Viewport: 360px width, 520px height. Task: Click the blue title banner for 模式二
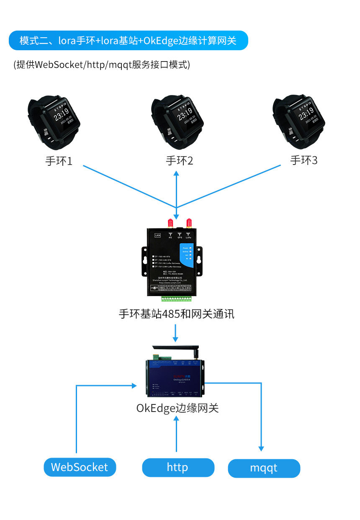[x=128, y=41]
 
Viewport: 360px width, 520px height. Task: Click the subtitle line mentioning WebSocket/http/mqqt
[x=102, y=65]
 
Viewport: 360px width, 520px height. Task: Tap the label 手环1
[x=59, y=161]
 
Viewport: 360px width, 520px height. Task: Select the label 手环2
[x=180, y=161]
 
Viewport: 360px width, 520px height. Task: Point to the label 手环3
[x=304, y=160]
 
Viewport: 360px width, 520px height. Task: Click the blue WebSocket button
[x=80, y=467]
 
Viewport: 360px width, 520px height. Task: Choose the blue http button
[x=178, y=467]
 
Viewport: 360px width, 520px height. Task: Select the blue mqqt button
[x=264, y=468]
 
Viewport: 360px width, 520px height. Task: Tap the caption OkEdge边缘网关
[x=177, y=408]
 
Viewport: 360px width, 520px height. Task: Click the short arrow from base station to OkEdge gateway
[x=176, y=333]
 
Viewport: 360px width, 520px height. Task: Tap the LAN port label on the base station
[x=158, y=235]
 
